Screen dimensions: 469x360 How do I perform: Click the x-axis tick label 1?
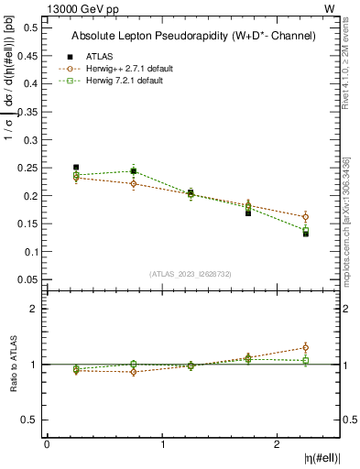coord(163,444)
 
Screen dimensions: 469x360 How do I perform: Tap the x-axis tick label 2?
coord(278,444)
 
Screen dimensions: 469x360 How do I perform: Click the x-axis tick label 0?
coord(47,444)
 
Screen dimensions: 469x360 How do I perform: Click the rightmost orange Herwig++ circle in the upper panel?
coord(306,217)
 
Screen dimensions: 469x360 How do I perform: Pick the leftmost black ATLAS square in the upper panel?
coord(76,168)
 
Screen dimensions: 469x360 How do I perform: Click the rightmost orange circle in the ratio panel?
coord(306,347)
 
